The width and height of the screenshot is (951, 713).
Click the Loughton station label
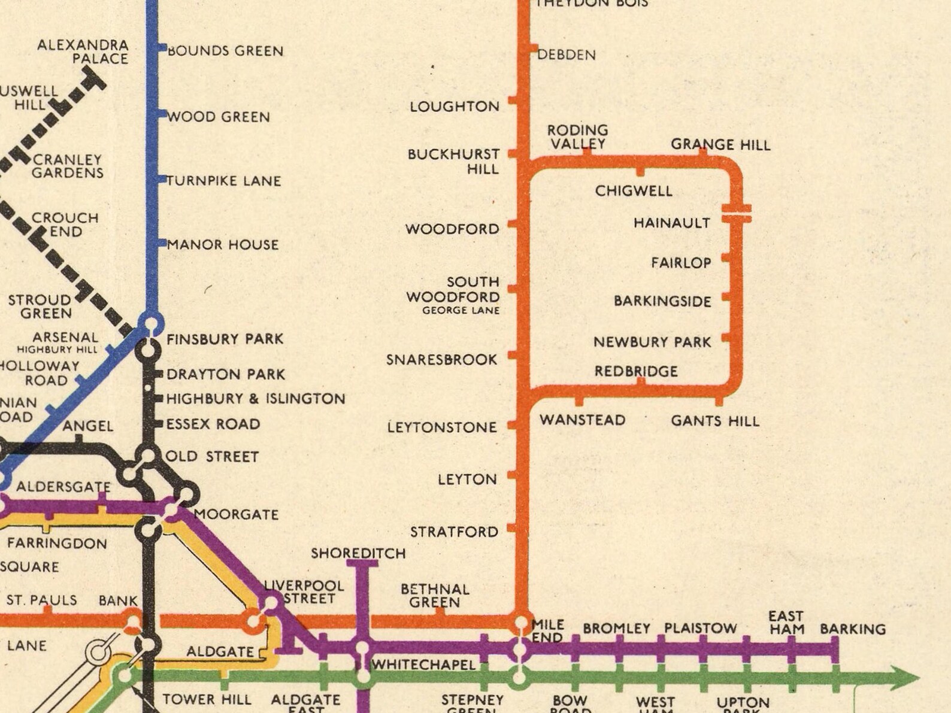coord(454,107)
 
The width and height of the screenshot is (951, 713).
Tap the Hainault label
coord(671,223)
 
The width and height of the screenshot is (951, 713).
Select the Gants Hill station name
coord(714,421)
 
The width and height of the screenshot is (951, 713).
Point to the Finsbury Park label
coord(225,339)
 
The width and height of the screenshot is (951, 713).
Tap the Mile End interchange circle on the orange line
coord(522,622)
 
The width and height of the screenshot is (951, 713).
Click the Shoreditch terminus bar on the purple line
coord(362,563)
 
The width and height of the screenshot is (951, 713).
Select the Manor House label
coord(222,244)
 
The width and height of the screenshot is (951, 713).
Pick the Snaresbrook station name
coord(441,360)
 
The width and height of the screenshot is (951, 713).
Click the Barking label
coord(852,629)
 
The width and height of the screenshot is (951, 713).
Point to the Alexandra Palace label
coord(83,52)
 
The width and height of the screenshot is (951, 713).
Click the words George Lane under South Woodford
coord(461,311)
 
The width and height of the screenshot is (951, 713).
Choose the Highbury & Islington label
coord(256,399)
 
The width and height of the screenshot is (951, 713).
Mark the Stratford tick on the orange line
coord(512,528)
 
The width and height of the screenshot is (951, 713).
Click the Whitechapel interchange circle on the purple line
coord(362,648)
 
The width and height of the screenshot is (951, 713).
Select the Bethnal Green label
coord(435,596)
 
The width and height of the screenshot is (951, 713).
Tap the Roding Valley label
coord(577,137)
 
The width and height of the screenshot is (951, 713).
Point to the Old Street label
coord(211,457)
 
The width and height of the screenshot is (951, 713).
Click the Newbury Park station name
coord(652,342)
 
